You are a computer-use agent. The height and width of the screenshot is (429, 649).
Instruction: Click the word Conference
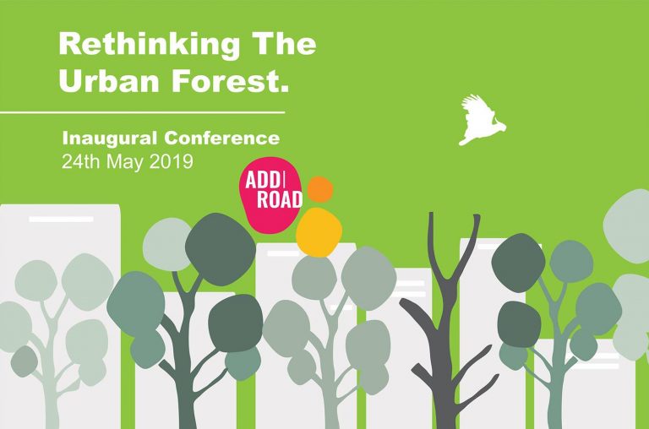(x=222, y=138)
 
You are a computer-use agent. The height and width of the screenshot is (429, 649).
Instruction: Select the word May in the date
(x=125, y=162)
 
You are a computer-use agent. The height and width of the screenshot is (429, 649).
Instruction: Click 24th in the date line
(x=81, y=161)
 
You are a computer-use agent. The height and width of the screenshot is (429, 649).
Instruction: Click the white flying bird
(x=480, y=121)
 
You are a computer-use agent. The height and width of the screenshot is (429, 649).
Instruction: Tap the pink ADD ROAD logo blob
(x=271, y=194)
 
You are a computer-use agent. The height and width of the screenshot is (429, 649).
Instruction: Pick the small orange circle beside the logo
(x=320, y=189)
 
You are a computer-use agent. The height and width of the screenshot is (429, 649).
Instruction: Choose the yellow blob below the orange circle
(x=319, y=231)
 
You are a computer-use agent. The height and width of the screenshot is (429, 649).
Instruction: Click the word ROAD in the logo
(x=280, y=200)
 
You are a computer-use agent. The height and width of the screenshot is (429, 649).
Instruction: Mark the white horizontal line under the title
(x=142, y=112)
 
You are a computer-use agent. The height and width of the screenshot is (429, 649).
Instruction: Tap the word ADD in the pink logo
(x=262, y=180)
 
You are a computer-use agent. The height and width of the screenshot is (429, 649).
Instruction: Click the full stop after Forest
(x=283, y=89)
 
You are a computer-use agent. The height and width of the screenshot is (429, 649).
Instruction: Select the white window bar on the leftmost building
(x=61, y=220)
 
